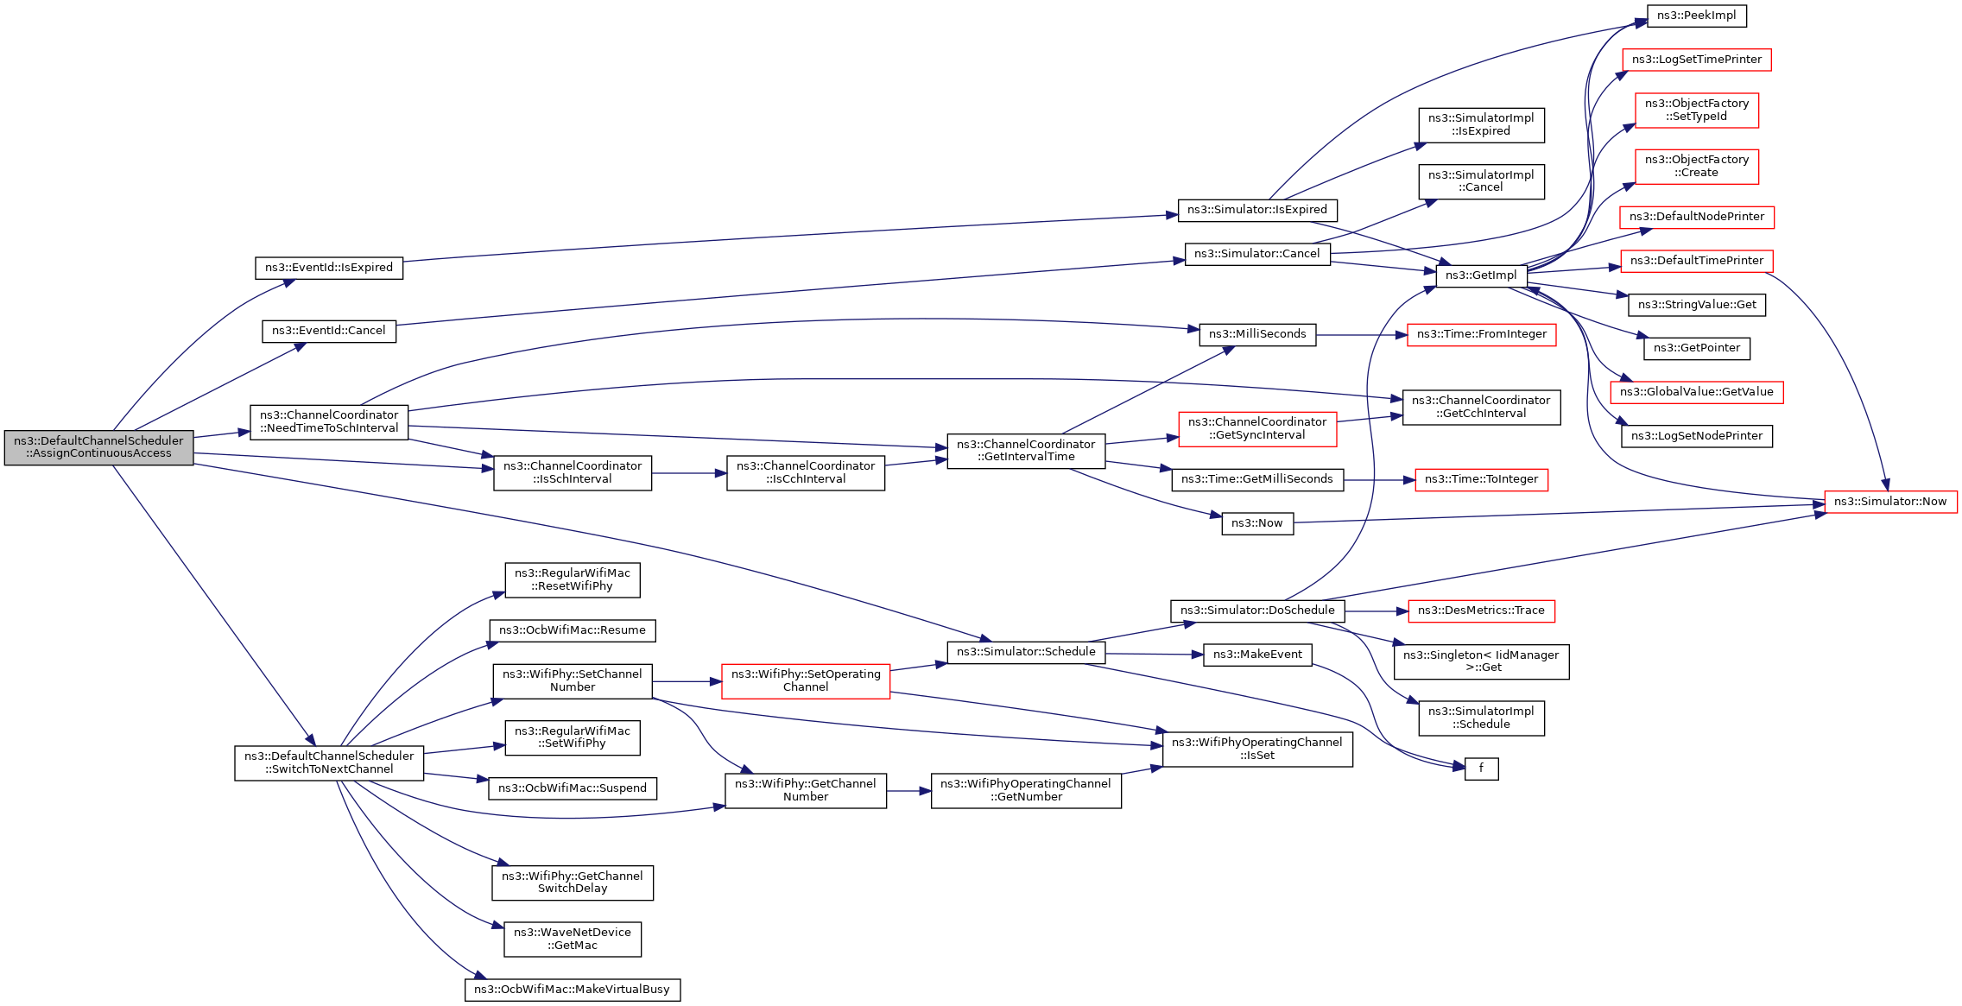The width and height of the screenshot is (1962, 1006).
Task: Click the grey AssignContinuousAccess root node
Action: [98, 447]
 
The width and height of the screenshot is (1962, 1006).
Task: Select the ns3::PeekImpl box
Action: [1697, 16]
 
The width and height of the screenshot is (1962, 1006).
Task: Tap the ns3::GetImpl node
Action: [1481, 275]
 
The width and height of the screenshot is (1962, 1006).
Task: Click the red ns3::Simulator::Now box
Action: [1890, 502]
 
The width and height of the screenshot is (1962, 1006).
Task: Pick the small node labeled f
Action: [1481, 769]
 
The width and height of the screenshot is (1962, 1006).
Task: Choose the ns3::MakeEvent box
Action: [1257, 655]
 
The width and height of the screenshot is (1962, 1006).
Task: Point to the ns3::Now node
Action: [1257, 523]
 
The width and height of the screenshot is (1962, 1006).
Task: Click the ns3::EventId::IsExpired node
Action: [329, 268]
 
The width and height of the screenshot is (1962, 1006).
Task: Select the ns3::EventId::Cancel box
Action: [329, 331]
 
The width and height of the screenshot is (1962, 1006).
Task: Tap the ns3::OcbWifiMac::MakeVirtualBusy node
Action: [573, 990]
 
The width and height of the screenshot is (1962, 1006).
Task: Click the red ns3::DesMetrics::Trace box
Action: [1481, 611]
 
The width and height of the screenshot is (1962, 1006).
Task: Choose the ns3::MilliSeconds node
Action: [1257, 334]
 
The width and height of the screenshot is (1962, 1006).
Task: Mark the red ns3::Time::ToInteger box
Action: [1481, 479]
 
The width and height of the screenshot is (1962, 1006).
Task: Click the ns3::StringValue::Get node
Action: [1697, 305]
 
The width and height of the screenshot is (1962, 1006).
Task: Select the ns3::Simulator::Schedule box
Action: [1026, 652]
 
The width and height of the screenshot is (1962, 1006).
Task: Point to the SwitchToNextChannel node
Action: [329, 762]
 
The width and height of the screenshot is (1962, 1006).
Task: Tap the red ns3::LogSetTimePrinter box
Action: [1697, 60]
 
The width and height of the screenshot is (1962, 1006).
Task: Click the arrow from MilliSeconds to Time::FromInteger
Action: [1362, 335]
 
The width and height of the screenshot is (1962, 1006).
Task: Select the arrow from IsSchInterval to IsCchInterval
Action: [689, 473]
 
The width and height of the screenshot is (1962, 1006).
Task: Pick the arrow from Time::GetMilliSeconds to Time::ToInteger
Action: [1379, 480]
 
